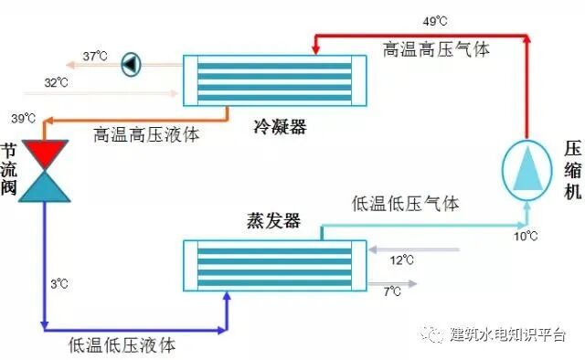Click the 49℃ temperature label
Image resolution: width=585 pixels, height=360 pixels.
pos(434,19)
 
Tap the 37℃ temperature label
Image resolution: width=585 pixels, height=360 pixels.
pos(95,57)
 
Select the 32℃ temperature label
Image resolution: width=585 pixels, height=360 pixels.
pos(57,83)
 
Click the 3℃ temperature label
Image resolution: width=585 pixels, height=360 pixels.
pos(59,284)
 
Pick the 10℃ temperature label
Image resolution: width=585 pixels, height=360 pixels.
pos(525,237)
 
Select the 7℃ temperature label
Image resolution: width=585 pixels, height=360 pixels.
pos(392,291)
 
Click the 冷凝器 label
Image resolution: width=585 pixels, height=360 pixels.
pos(280,127)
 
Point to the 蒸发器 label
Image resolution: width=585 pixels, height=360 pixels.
pos(272,221)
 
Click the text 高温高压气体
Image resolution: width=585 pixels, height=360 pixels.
pos(436,48)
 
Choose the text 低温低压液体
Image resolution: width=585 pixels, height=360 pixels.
pos(122,345)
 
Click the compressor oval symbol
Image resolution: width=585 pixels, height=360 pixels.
pos(527,170)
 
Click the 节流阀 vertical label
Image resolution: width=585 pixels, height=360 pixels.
pos(8,170)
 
